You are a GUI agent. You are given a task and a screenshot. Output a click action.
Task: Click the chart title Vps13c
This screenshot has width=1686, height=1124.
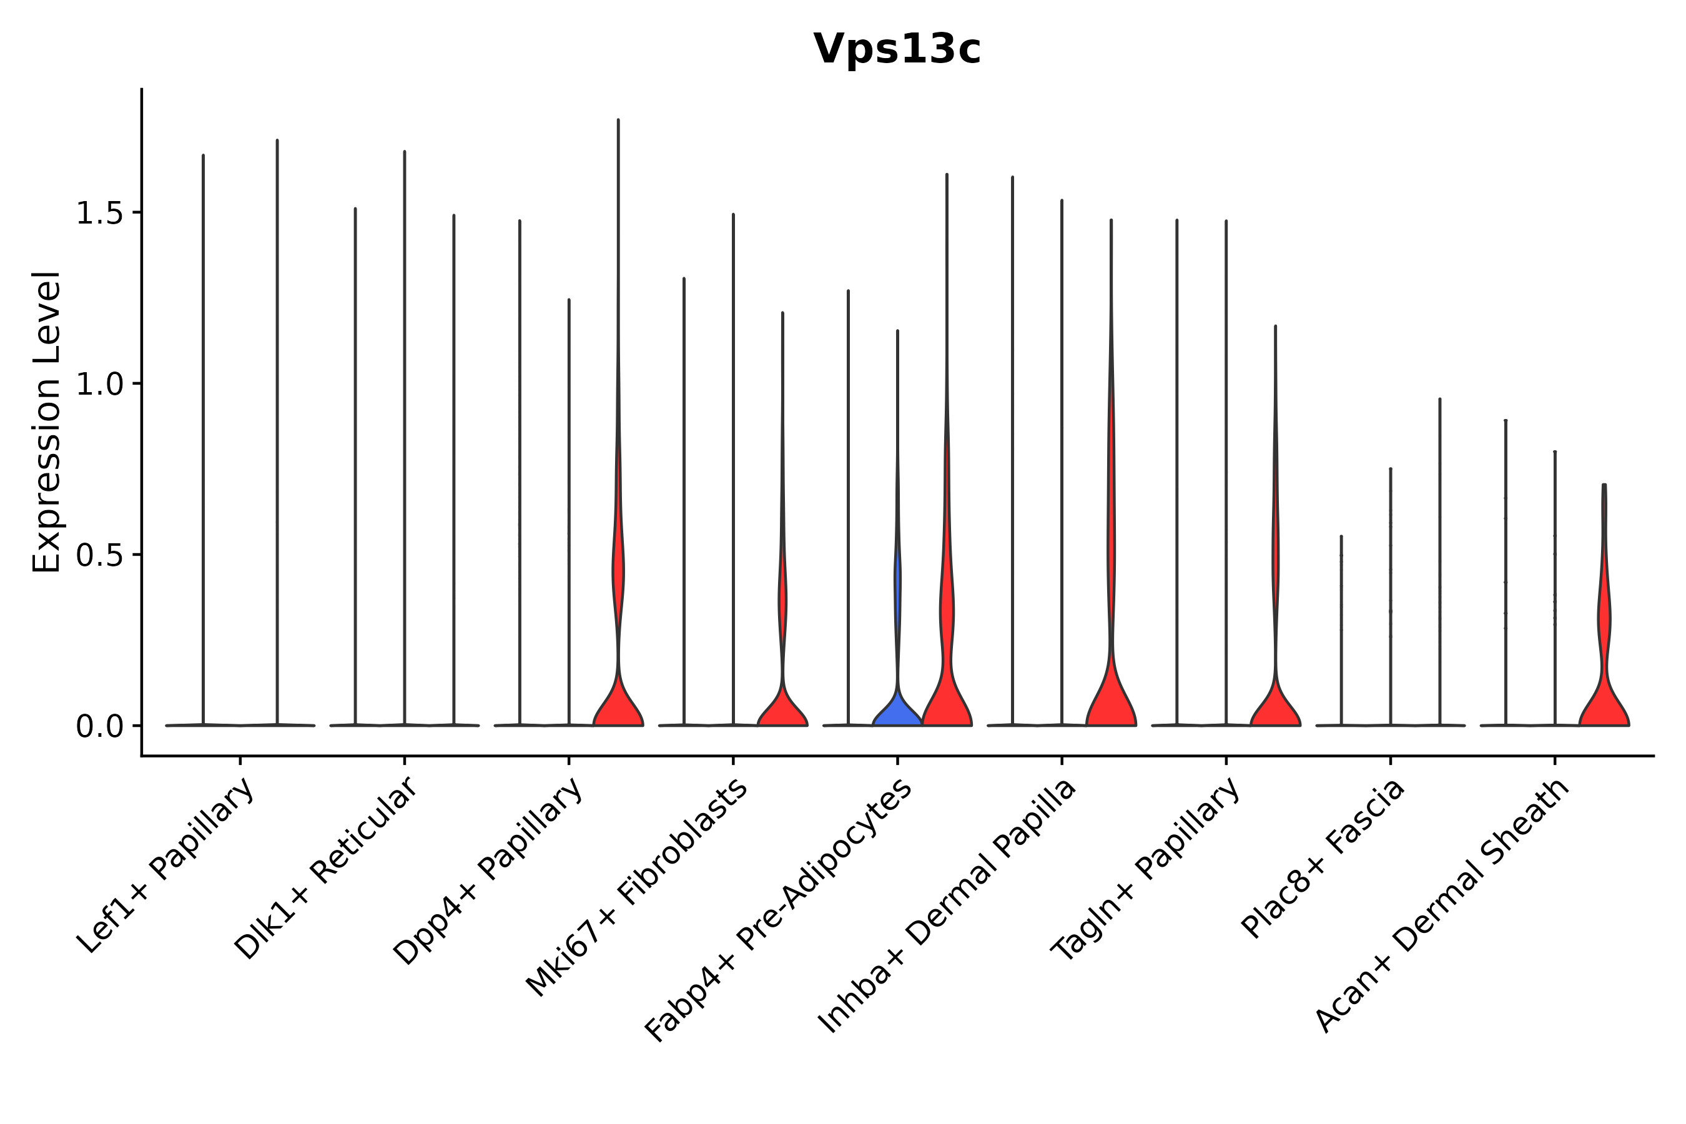(896, 49)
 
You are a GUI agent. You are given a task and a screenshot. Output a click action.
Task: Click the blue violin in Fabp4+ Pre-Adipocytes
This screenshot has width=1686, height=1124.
(897, 709)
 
